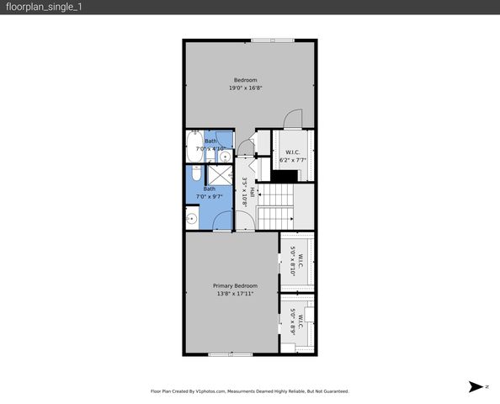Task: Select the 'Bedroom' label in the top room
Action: (245, 80)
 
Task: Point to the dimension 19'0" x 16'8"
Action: (245, 88)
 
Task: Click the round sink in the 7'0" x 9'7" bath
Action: (193, 219)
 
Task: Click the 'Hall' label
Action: (251, 192)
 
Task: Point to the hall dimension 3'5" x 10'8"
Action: (244, 192)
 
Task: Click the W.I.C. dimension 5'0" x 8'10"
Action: (293, 261)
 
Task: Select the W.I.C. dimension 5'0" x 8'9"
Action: (293, 322)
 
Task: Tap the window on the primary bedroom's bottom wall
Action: (231, 354)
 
